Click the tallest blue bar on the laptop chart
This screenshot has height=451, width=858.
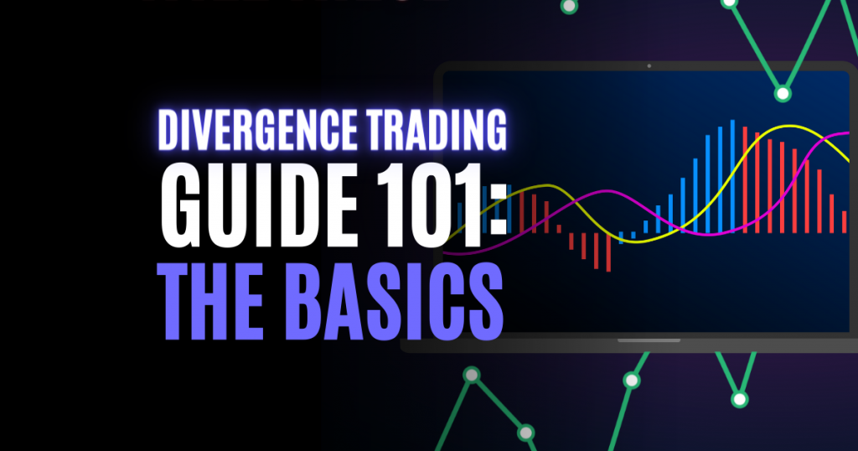coord(732,176)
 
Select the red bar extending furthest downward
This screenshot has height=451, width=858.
coord(608,251)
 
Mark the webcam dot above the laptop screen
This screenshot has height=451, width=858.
coord(649,65)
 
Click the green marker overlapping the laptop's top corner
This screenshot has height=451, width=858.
coord(783,93)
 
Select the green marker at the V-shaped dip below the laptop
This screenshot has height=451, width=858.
coord(739,399)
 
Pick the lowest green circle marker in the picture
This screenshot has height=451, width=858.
coord(525,433)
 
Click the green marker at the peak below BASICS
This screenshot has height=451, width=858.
coord(471,375)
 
